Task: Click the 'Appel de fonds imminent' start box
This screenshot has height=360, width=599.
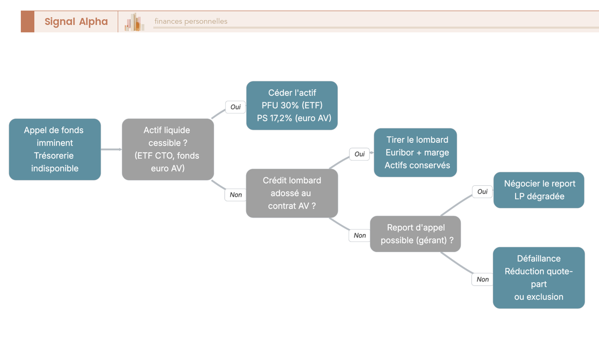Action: point(55,149)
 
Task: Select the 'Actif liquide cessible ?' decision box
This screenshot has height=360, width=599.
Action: point(168,149)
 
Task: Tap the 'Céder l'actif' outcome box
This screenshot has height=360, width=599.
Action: point(292,105)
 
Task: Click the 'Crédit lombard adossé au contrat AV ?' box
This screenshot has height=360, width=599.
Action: point(292,193)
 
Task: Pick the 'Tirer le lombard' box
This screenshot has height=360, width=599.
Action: point(415,152)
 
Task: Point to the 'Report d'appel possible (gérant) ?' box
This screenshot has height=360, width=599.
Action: point(415,234)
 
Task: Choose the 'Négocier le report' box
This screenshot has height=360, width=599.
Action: point(539,190)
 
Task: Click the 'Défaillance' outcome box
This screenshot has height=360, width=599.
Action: point(539,278)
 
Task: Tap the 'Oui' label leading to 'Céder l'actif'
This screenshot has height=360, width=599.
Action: point(235,107)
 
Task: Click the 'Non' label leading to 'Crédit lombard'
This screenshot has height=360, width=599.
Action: point(236,195)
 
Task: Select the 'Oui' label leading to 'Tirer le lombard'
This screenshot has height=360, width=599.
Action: point(359,154)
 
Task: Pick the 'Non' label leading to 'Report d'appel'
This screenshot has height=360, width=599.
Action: point(360,235)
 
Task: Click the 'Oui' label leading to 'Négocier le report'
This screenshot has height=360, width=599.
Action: point(482,192)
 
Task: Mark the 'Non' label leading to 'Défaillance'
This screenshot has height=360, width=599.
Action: point(482,279)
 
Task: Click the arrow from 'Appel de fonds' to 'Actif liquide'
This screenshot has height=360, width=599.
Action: point(111,149)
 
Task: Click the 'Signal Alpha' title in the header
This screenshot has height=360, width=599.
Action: point(76,21)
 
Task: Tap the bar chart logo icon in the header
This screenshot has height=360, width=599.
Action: point(134,22)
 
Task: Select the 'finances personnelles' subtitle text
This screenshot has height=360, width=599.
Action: point(191,21)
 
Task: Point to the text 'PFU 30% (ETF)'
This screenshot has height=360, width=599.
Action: point(292,105)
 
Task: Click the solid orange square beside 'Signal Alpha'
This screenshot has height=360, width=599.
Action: point(28,21)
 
